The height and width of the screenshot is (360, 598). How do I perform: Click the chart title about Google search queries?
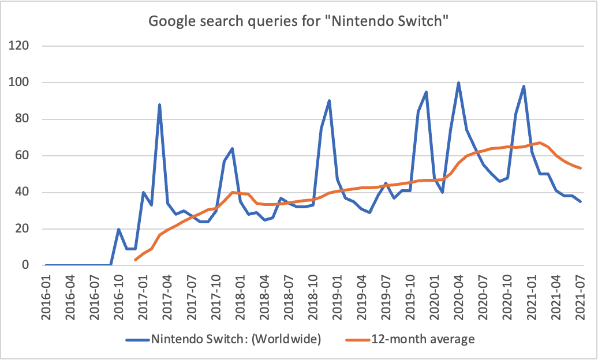299,21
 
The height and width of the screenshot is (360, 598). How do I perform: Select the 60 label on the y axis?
25,156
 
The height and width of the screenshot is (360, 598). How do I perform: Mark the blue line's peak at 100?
458,82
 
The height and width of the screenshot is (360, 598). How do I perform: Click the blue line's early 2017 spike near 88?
159,104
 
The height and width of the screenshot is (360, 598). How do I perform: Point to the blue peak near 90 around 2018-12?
329,101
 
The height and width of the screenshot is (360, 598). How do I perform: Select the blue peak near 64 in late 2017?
232,148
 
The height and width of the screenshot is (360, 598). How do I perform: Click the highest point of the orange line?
540,142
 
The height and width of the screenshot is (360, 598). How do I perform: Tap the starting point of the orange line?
135,260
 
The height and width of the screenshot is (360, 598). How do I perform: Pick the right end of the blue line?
580,201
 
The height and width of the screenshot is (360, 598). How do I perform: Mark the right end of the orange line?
580,168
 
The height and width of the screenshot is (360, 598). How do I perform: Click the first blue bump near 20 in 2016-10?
119,229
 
